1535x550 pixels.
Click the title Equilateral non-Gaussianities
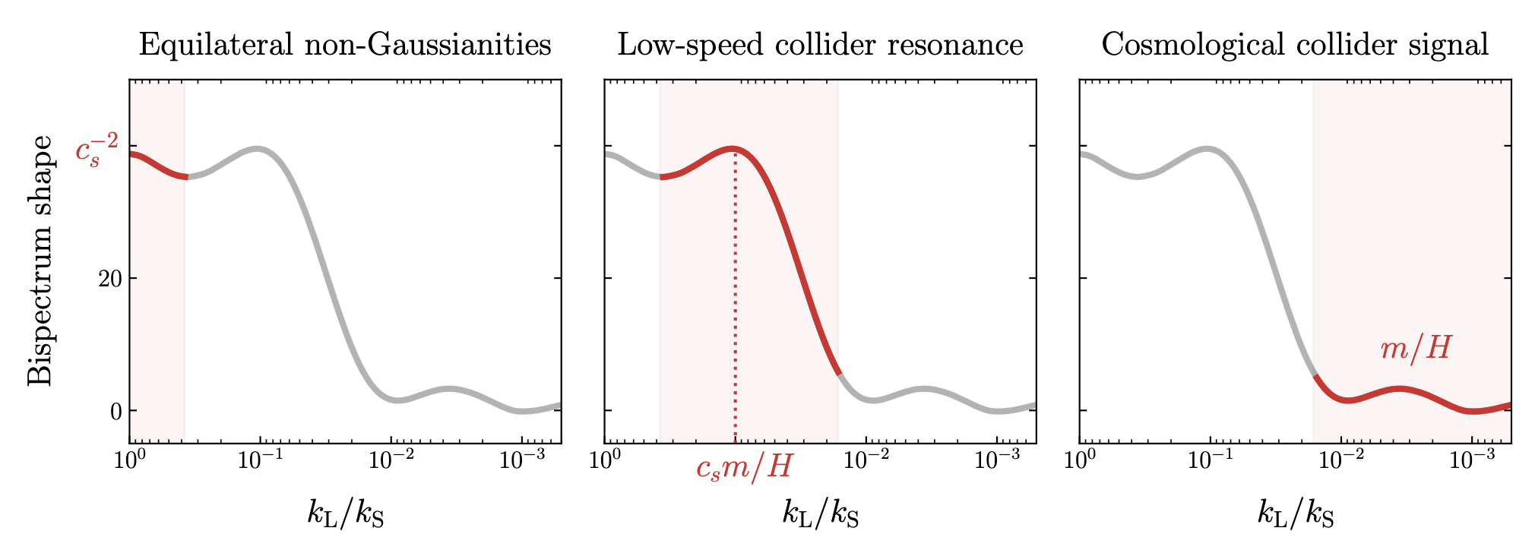click(345, 45)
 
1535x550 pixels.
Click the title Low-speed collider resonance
click(820, 45)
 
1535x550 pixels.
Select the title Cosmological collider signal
click(1295, 45)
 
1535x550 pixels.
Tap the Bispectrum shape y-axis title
click(41, 261)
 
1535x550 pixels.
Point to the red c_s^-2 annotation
click(97, 150)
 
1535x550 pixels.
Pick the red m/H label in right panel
click(1415, 349)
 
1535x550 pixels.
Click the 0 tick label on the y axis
click(116, 411)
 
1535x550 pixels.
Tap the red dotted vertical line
click(735, 304)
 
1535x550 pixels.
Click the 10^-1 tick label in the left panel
click(260, 460)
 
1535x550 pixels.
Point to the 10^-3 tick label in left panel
click(521, 460)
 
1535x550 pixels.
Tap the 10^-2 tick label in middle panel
click(866, 460)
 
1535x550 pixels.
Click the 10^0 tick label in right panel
click(1080, 460)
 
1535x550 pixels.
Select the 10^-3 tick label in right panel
click(1472, 460)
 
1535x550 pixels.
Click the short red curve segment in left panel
click(157, 166)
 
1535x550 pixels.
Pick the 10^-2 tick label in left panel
click(391, 460)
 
